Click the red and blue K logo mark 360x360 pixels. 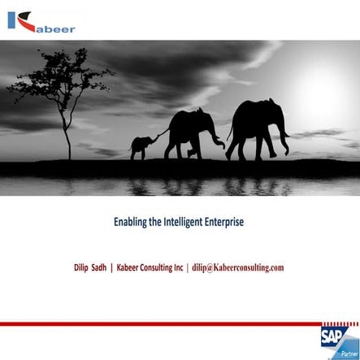[19, 20]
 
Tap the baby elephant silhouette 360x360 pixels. [141, 146]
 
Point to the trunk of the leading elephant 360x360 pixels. [285, 138]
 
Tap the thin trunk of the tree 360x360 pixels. [63, 130]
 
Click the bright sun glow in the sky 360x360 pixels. [321, 81]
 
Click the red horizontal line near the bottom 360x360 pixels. [163, 323]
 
